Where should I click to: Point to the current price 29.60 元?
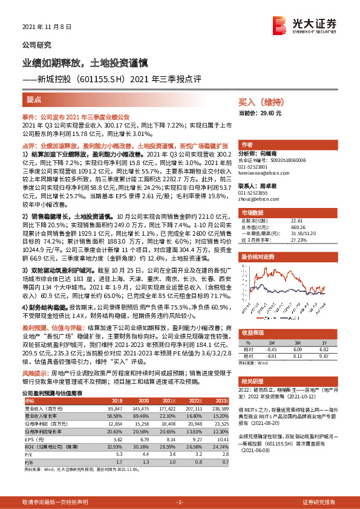(x=260, y=113)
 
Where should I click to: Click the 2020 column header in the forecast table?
(x=144, y=400)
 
